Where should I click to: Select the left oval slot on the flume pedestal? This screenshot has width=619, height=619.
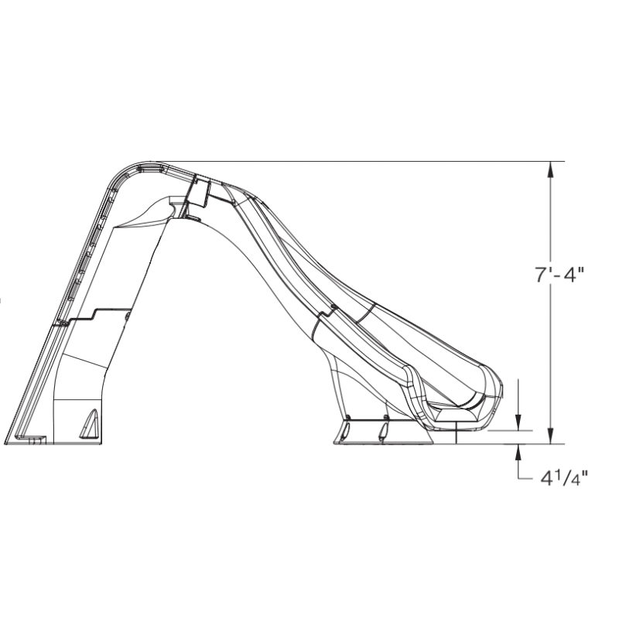click(x=346, y=429)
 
